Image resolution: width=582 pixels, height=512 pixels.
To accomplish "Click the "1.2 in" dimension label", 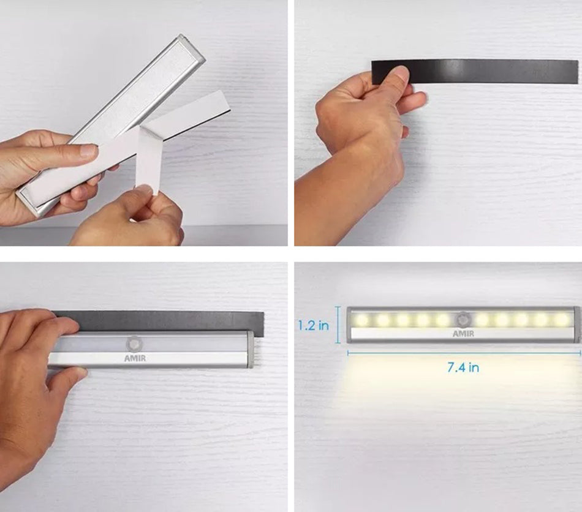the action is (x=314, y=325).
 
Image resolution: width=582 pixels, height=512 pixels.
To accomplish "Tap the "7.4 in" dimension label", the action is (x=463, y=367).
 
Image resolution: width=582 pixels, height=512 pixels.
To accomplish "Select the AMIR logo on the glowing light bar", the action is (x=463, y=334).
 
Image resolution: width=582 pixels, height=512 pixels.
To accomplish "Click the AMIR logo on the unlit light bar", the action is (x=135, y=358).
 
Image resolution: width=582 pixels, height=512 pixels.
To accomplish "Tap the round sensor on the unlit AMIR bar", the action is (x=134, y=344).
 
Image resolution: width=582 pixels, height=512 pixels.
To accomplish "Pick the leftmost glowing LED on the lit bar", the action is (x=361, y=319).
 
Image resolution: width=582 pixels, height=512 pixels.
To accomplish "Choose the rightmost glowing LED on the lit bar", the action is (x=561, y=319).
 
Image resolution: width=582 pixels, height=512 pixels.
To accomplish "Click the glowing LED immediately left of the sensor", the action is (x=442, y=319).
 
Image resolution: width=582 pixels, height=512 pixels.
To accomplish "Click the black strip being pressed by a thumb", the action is (x=475, y=71).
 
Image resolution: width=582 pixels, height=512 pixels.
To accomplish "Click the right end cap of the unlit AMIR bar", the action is (x=251, y=349).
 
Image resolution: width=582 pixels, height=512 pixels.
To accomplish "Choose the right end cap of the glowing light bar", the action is (x=576, y=324).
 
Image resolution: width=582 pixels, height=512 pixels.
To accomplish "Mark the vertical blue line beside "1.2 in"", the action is (x=338, y=325).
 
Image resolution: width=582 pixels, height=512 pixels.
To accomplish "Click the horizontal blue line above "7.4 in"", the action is (x=464, y=353).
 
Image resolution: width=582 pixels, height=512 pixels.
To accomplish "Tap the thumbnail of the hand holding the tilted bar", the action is (x=89, y=150).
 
